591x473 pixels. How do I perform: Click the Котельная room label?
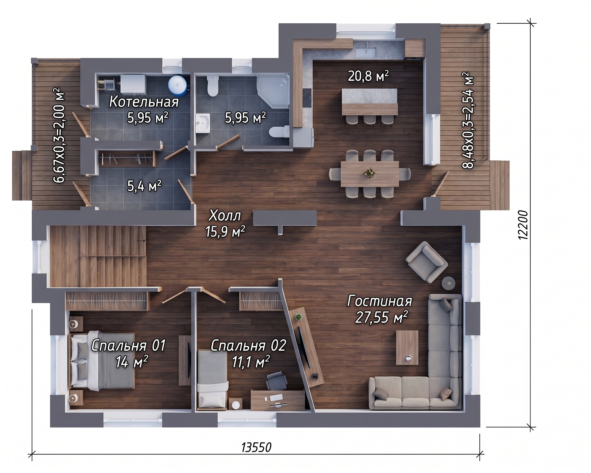point(144,102)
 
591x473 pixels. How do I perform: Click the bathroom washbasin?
point(203,124)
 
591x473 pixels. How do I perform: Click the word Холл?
point(225,216)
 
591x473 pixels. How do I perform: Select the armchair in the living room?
point(427,261)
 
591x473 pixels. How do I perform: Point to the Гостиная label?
point(380,301)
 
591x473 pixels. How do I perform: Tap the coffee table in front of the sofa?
point(407,348)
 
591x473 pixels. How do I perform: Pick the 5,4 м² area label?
point(144,186)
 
